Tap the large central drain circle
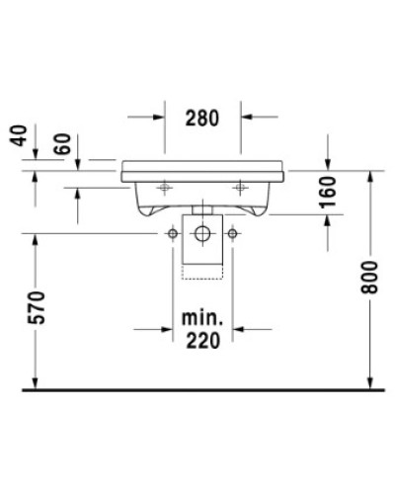(x=202, y=234)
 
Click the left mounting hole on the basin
(x=162, y=185)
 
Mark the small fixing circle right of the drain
(x=233, y=234)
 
